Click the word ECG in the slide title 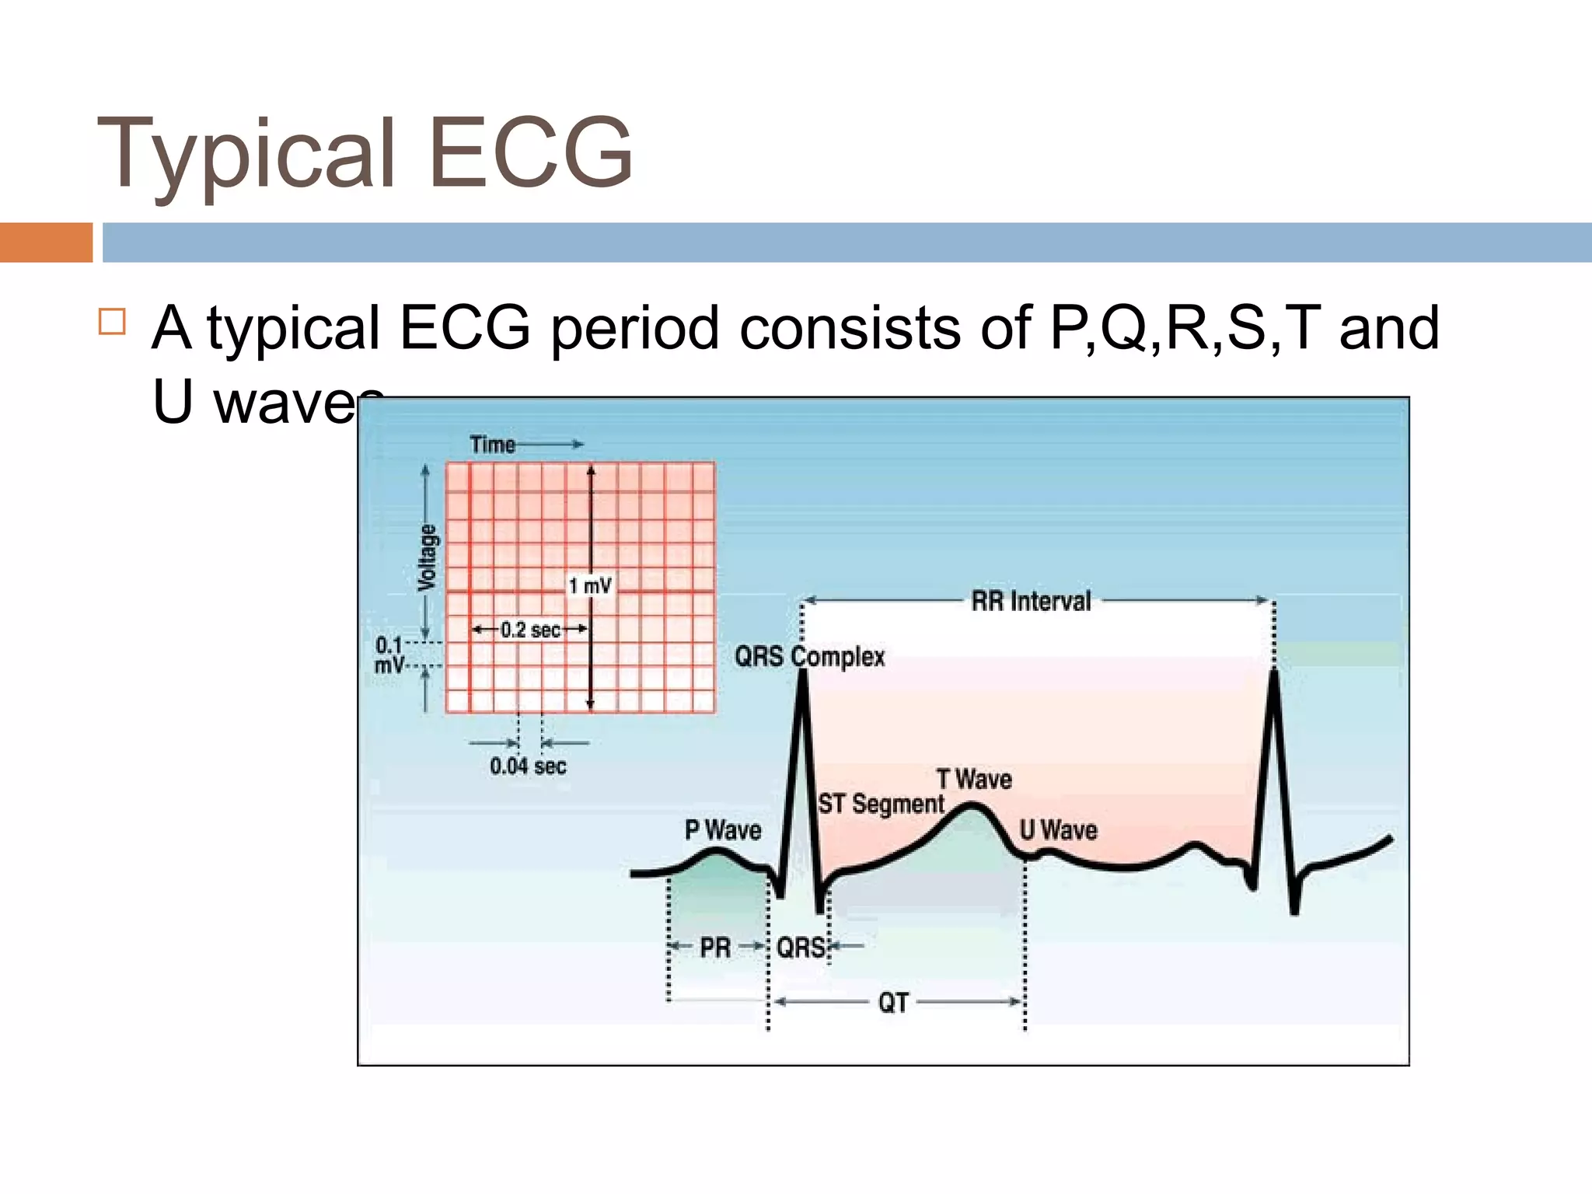tap(531, 152)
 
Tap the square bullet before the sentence tap(113, 321)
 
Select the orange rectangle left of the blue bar tap(46, 243)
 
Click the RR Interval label tap(1031, 601)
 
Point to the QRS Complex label tap(809, 657)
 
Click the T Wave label tap(974, 779)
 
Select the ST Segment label tap(881, 804)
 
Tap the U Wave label tap(1058, 830)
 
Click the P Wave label tap(723, 830)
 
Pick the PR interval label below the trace tap(715, 948)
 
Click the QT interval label tap(893, 1003)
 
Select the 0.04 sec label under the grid tap(528, 766)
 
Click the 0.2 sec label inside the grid tap(530, 630)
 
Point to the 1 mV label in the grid tap(590, 585)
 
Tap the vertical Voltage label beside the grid tap(428, 557)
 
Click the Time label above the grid tap(493, 445)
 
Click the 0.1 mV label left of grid tap(389, 655)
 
